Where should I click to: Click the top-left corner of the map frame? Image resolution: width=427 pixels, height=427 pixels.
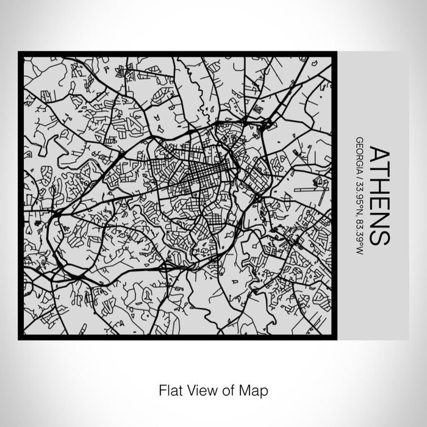[x=20, y=54]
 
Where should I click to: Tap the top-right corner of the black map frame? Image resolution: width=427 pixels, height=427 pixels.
[x=335, y=54]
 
